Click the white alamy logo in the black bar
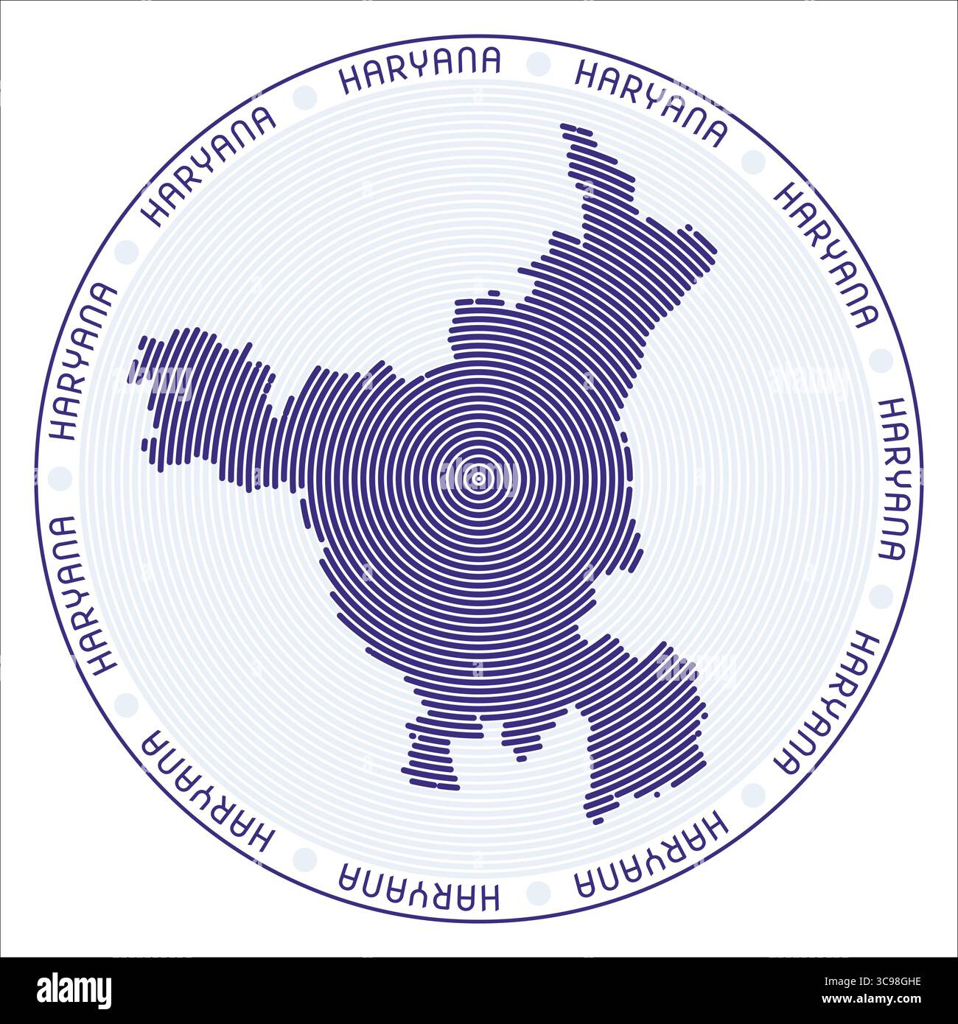pyautogui.click(x=74, y=991)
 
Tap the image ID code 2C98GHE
pyautogui.click(x=879, y=981)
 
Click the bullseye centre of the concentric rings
pyautogui.click(x=478, y=480)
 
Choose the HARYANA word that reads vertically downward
pyautogui.click(x=893, y=480)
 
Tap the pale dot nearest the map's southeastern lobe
pyautogui.click(x=753, y=794)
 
